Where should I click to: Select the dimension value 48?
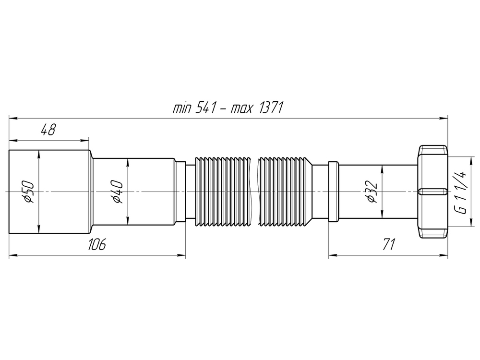[48, 130]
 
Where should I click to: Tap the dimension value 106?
[96, 245]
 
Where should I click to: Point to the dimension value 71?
[388, 245]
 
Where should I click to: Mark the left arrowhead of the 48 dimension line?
[12, 141]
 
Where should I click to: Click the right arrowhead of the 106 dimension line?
[182, 256]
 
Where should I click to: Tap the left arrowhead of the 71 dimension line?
[331, 256]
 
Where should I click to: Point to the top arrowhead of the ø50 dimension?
[38, 153]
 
